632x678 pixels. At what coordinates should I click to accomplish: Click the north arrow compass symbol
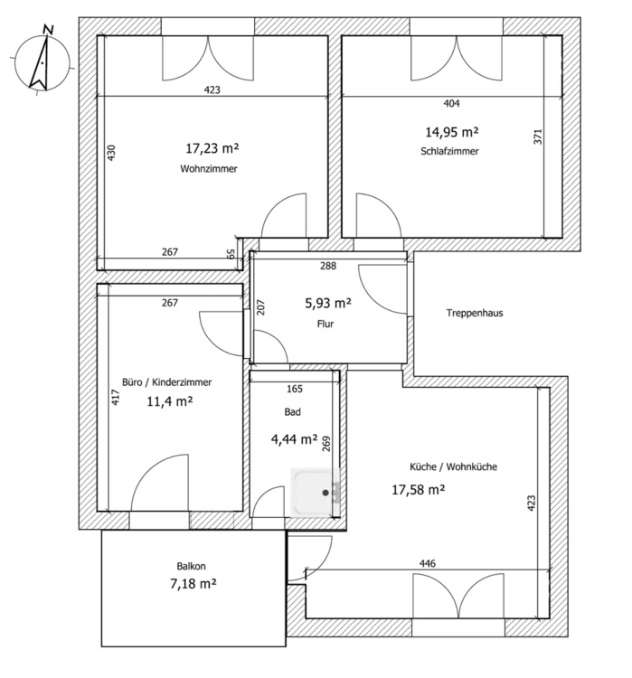(x=39, y=60)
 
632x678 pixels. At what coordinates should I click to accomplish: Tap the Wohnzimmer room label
(x=209, y=168)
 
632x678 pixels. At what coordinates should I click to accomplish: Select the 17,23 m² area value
(x=212, y=146)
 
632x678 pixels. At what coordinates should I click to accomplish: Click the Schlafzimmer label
(x=449, y=151)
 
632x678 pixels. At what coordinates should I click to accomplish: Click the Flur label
(x=326, y=323)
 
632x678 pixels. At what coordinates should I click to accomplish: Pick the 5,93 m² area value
(x=328, y=303)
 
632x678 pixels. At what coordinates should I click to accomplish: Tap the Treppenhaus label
(x=475, y=314)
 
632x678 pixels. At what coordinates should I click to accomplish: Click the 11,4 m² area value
(x=170, y=400)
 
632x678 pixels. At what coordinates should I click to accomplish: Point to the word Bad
(x=292, y=411)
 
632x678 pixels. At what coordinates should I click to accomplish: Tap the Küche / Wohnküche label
(x=454, y=467)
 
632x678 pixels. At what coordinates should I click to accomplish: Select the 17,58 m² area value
(x=418, y=490)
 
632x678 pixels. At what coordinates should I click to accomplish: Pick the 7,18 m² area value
(x=193, y=584)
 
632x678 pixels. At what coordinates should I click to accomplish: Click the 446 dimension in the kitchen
(x=428, y=564)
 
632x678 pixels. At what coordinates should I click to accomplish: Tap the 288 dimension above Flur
(x=327, y=266)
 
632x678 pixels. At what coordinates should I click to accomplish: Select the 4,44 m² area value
(x=294, y=440)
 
